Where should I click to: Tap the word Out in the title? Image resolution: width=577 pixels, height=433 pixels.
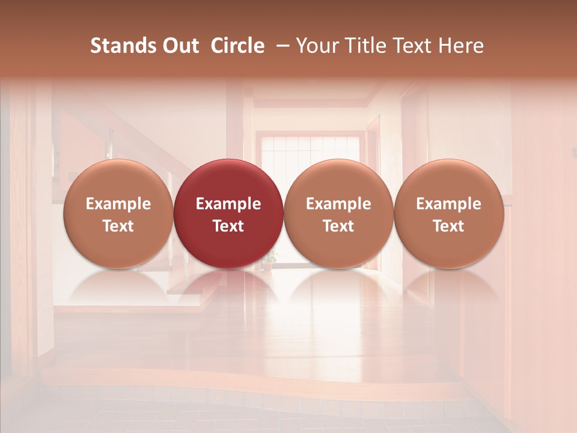(179, 46)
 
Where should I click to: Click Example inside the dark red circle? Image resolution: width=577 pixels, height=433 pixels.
(228, 204)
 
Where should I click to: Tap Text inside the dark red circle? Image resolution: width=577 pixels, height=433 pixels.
(228, 226)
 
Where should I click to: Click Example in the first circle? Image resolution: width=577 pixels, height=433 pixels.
(118, 204)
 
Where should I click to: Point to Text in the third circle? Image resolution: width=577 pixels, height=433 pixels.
(338, 226)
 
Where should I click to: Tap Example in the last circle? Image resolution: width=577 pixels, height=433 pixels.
(448, 204)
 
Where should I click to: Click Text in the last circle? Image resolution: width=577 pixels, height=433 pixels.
(448, 226)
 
